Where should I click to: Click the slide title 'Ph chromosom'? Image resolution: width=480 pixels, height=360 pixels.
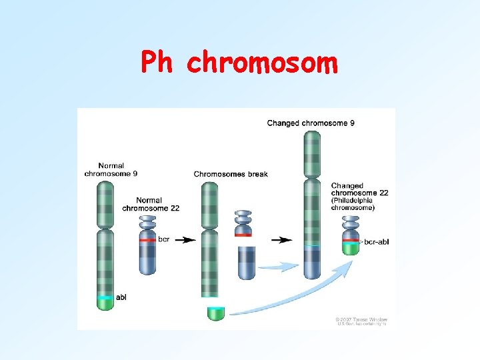pyautogui.click(x=239, y=63)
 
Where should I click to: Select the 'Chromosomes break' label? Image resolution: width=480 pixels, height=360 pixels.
pyautogui.click(x=231, y=174)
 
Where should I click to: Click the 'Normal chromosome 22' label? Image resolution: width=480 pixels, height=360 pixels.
pyautogui.click(x=151, y=204)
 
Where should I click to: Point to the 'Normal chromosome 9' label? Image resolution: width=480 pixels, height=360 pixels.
pyautogui.click(x=111, y=169)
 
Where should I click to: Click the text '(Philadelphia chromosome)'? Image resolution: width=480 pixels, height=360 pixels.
pyautogui.click(x=361, y=204)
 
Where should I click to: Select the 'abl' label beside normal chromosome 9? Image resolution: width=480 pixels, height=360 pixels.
pyautogui.click(x=121, y=297)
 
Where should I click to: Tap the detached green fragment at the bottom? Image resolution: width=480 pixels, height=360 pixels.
pyautogui.click(x=216, y=313)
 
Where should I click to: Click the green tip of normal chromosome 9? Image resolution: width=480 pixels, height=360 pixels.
pyautogui.click(x=105, y=303)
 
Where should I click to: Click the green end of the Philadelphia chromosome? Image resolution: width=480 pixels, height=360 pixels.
pyautogui.click(x=351, y=248)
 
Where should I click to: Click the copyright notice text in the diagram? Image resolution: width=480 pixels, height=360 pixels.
pyautogui.click(x=361, y=321)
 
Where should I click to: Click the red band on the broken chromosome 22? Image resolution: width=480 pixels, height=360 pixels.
pyautogui.click(x=243, y=234)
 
